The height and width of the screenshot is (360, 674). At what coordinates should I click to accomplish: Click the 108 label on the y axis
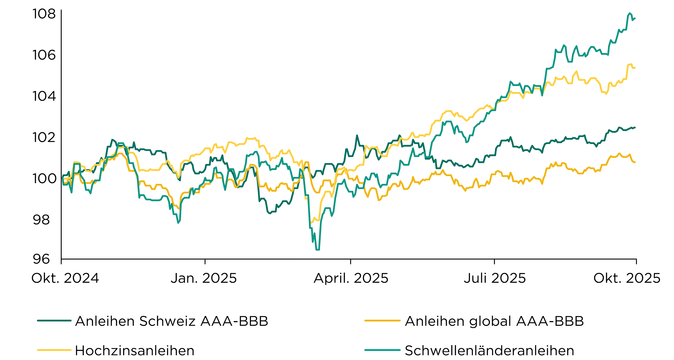click(44, 14)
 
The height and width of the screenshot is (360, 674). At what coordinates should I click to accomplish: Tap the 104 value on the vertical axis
click(44, 96)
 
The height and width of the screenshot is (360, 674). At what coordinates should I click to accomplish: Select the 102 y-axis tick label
click(44, 137)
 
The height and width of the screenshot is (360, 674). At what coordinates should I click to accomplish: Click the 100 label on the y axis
click(44, 178)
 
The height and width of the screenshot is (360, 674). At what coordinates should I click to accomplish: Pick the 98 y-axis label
click(41, 220)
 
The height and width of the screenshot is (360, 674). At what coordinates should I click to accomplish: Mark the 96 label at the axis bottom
click(41, 259)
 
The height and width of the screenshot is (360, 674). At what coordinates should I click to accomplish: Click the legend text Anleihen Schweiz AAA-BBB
click(172, 321)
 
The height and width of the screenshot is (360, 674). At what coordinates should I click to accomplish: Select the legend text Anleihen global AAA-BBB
click(494, 321)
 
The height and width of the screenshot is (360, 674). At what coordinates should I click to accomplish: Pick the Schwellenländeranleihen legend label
click(489, 351)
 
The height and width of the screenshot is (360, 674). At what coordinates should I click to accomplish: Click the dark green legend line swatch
click(54, 320)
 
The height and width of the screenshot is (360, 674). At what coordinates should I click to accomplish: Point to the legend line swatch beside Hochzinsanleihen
click(54, 350)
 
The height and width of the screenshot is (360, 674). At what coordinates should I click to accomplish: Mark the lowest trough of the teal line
click(318, 250)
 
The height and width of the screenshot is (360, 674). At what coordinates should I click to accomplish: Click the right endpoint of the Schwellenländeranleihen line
click(635, 18)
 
